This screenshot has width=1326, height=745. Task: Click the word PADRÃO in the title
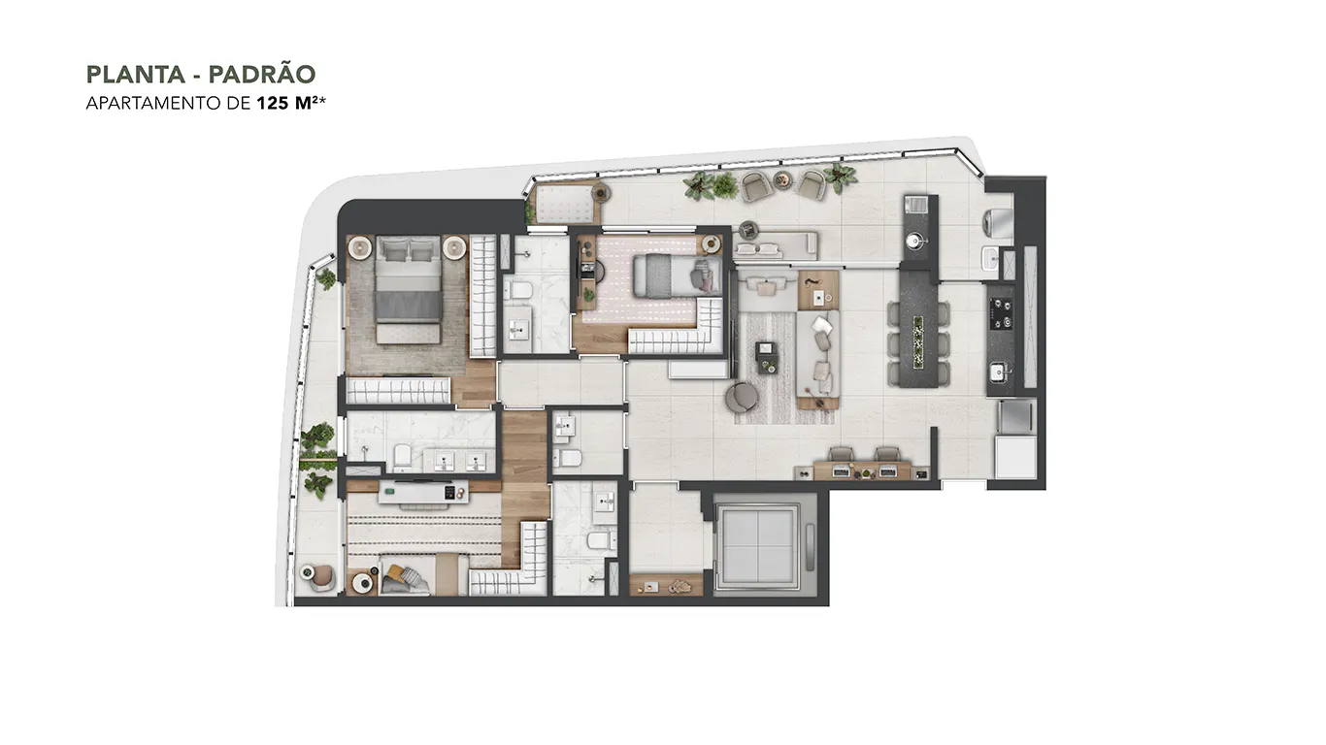[262, 75]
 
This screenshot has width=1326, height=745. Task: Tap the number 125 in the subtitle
[273, 103]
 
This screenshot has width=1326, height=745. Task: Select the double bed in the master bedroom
[409, 289]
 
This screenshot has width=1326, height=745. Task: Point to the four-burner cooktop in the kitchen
[1001, 313]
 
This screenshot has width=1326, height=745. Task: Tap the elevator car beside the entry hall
[757, 545]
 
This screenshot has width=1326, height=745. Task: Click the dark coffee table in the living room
[767, 358]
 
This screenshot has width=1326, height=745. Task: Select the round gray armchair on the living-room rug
[741, 397]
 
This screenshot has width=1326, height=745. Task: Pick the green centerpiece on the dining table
[918, 342]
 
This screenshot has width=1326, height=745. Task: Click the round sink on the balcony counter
[914, 241]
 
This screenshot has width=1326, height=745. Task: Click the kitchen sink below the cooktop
[999, 372]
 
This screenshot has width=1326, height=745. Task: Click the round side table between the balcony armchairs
[782, 179]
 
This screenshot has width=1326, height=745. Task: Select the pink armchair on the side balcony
[323, 577]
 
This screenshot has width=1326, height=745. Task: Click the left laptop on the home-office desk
[842, 471]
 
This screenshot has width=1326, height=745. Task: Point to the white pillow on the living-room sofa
[821, 325]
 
